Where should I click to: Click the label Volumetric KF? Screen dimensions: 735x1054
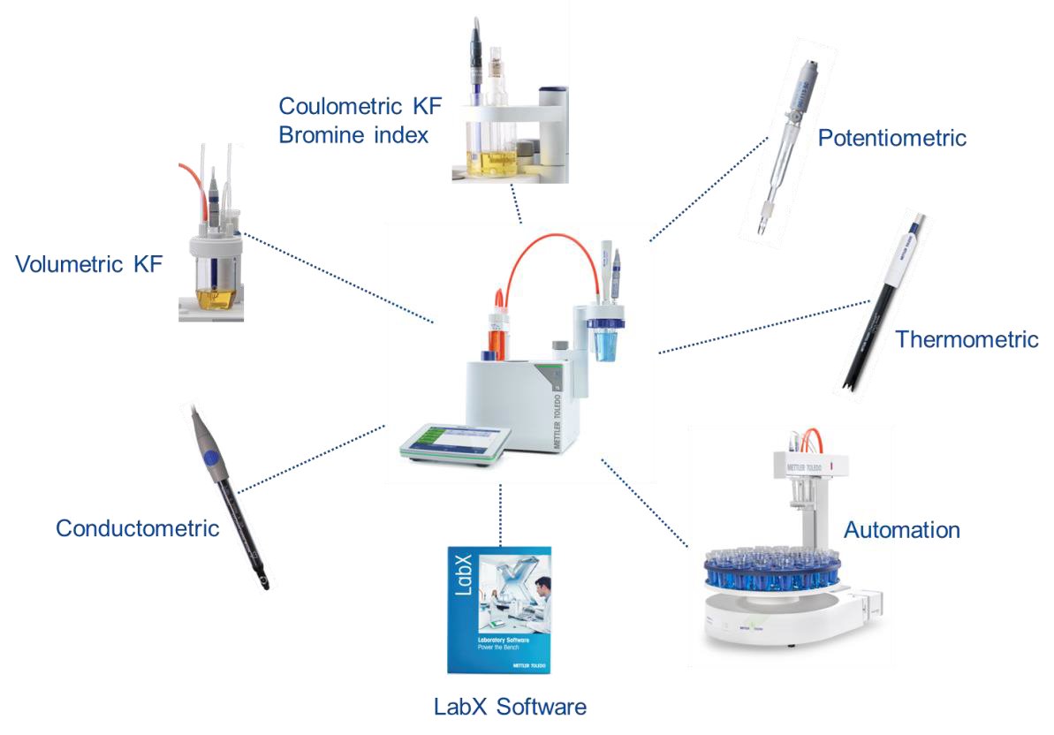88,264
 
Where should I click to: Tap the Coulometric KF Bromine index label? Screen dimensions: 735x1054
360,121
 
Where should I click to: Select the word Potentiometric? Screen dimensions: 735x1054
891,139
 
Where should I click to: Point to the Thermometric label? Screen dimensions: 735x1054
967,339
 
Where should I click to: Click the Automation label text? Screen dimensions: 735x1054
901,530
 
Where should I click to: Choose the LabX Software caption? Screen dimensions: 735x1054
510,707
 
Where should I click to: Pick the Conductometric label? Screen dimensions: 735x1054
137,528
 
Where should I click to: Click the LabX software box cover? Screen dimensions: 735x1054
499,610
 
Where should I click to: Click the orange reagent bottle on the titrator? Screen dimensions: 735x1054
497,331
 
